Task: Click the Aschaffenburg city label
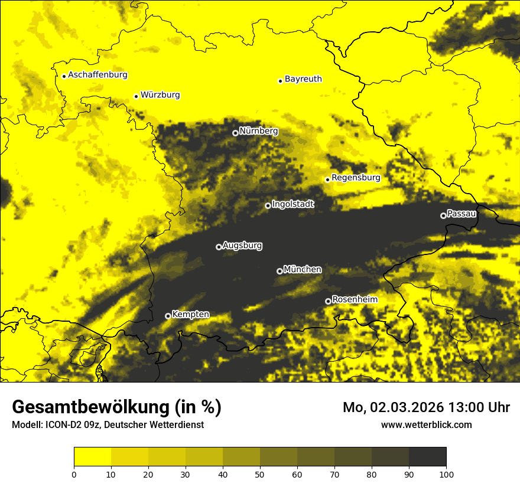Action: (x=97, y=75)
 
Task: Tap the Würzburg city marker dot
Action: (x=136, y=96)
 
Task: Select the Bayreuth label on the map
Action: (x=303, y=79)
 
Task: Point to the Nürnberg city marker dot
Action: (x=235, y=133)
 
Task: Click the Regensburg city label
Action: (x=356, y=177)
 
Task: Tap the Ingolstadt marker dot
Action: (x=268, y=205)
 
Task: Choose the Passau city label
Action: (x=461, y=213)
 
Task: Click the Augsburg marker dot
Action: (x=219, y=247)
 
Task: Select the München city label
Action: (x=303, y=269)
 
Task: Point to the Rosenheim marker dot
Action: (x=328, y=302)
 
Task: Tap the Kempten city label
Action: (x=190, y=314)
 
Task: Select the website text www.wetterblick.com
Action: (x=426, y=424)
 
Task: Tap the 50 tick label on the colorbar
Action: (x=260, y=474)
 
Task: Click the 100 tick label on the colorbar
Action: (x=446, y=474)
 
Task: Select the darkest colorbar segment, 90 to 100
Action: (x=427, y=457)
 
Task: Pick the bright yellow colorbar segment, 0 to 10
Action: (x=92, y=457)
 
